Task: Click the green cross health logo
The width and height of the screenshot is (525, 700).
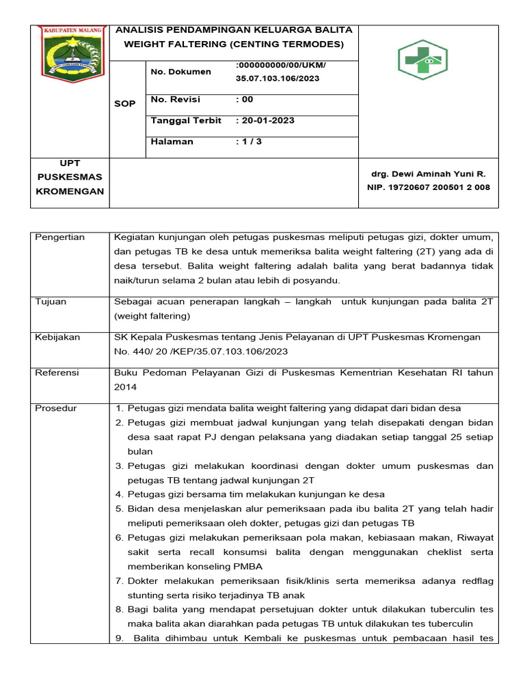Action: click(422, 59)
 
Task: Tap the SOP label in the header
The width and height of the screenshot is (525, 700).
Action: click(124, 104)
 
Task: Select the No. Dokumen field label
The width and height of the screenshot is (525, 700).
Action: click(180, 72)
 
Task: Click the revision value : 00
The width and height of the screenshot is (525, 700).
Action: click(244, 100)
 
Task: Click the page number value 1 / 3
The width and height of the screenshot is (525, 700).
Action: click(249, 142)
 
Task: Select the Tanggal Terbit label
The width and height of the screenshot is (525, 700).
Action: click(186, 120)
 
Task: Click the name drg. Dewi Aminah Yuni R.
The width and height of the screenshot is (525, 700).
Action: click(428, 174)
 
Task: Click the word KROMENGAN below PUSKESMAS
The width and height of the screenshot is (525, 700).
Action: click(70, 191)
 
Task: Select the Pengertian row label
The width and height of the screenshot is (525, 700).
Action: click(59, 237)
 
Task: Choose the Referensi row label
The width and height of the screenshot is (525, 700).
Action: click(57, 373)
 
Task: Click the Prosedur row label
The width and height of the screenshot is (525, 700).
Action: click(55, 408)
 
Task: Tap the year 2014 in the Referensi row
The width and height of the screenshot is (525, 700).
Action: click(126, 386)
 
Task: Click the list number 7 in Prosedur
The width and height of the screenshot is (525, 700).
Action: click(118, 581)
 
